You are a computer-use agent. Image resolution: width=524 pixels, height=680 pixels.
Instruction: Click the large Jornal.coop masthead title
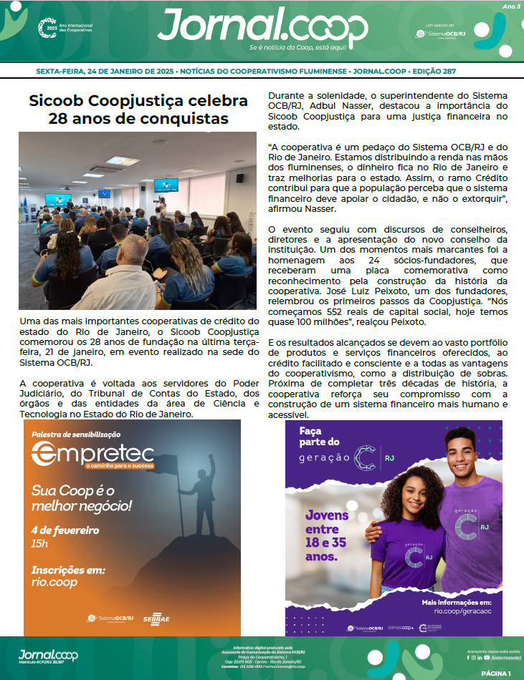262,26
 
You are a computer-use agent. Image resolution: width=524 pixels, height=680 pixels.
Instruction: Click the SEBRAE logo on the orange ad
156,618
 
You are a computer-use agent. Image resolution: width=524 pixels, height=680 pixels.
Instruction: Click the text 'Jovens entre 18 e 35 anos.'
326,535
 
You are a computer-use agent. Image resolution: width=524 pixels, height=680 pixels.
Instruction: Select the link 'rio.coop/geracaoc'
467,611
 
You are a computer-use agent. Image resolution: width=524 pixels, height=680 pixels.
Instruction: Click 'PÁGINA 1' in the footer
496,674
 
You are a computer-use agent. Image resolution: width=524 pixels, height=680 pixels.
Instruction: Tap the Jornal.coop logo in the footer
48,655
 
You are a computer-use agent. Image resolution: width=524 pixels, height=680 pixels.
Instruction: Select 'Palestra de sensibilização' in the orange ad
76,434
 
